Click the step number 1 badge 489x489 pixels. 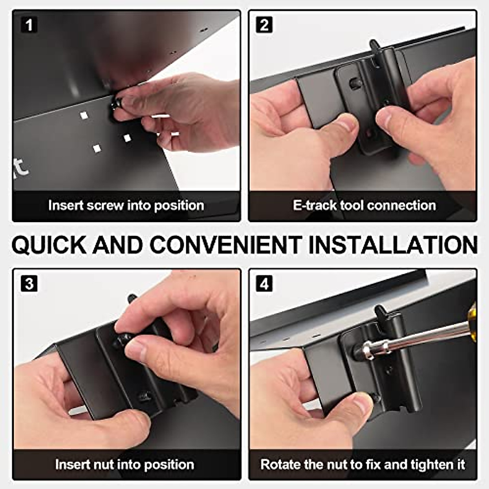pos(29,24)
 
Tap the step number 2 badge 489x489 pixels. pos(264,24)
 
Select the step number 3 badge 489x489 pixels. pos(29,283)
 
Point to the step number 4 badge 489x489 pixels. pos(264,283)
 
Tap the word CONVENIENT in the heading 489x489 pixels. pos(226,244)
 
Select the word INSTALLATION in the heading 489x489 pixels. pos(392,244)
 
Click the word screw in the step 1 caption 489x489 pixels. pos(105,205)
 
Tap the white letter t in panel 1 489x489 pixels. pos(22,168)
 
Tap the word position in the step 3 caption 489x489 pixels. pos(169,465)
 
